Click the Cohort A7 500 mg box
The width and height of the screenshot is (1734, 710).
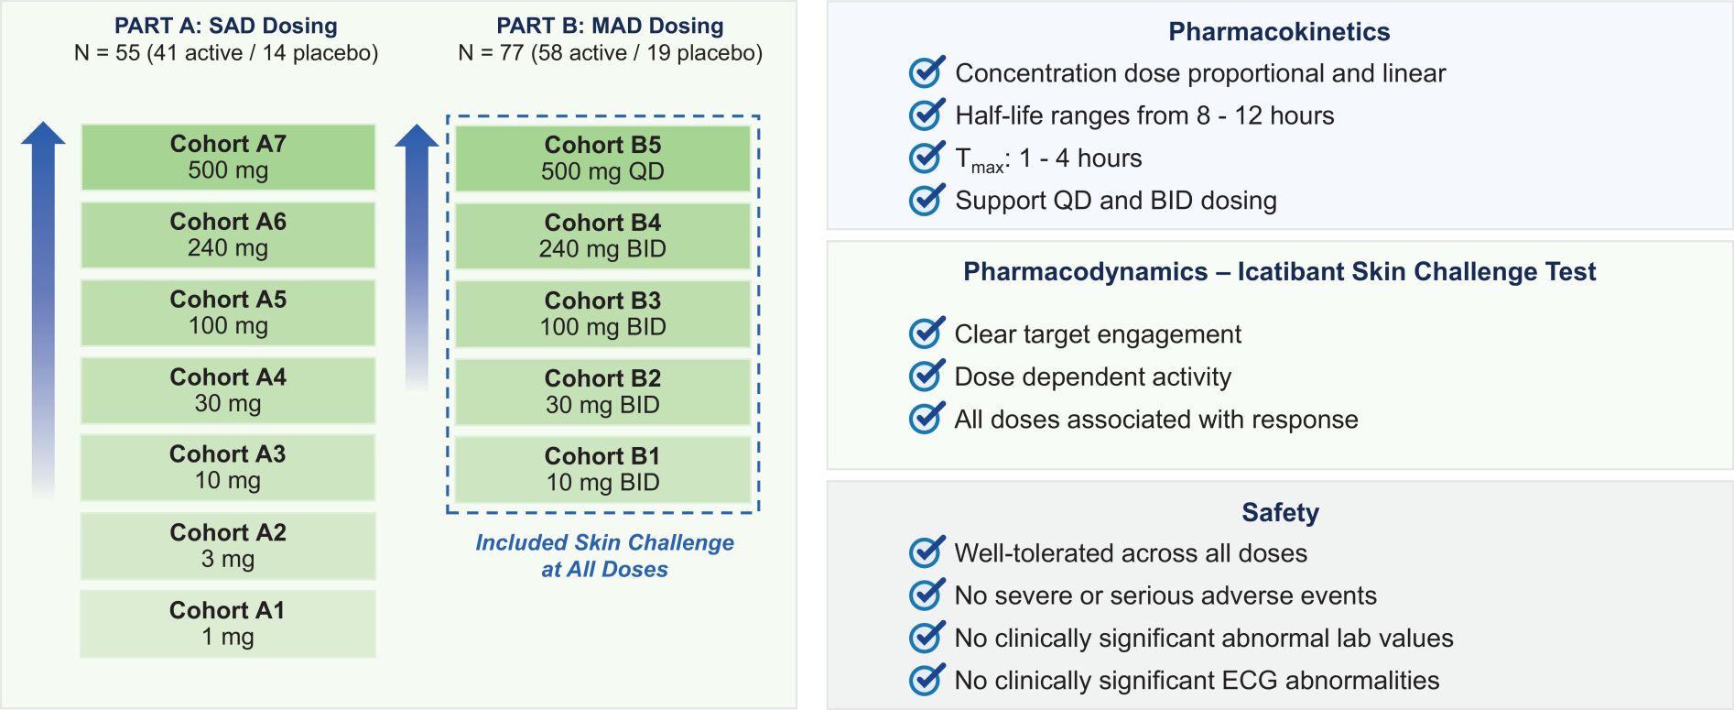point(228,157)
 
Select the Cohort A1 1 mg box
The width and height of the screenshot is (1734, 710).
point(228,623)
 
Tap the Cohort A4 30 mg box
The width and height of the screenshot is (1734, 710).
point(228,390)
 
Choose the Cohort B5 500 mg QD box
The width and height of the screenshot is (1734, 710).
point(602,158)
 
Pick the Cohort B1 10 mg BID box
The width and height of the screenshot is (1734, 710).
point(602,469)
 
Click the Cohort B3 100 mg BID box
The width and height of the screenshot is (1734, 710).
point(602,313)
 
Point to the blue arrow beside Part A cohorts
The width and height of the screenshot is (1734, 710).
point(43,311)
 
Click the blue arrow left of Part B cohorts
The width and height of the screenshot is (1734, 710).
point(417,257)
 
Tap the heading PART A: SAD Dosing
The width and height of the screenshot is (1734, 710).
point(226,26)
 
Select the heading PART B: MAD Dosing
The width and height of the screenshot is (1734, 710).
point(610,26)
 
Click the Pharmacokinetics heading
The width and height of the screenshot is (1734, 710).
point(1279,32)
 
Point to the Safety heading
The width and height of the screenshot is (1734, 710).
point(1280,512)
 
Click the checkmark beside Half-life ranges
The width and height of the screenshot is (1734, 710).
point(927,114)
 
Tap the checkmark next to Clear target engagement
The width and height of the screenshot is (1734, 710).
point(927,333)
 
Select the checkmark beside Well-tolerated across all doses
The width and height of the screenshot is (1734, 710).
point(927,552)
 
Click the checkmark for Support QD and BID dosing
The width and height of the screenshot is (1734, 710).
point(927,199)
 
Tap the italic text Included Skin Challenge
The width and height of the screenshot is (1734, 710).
point(604,542)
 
